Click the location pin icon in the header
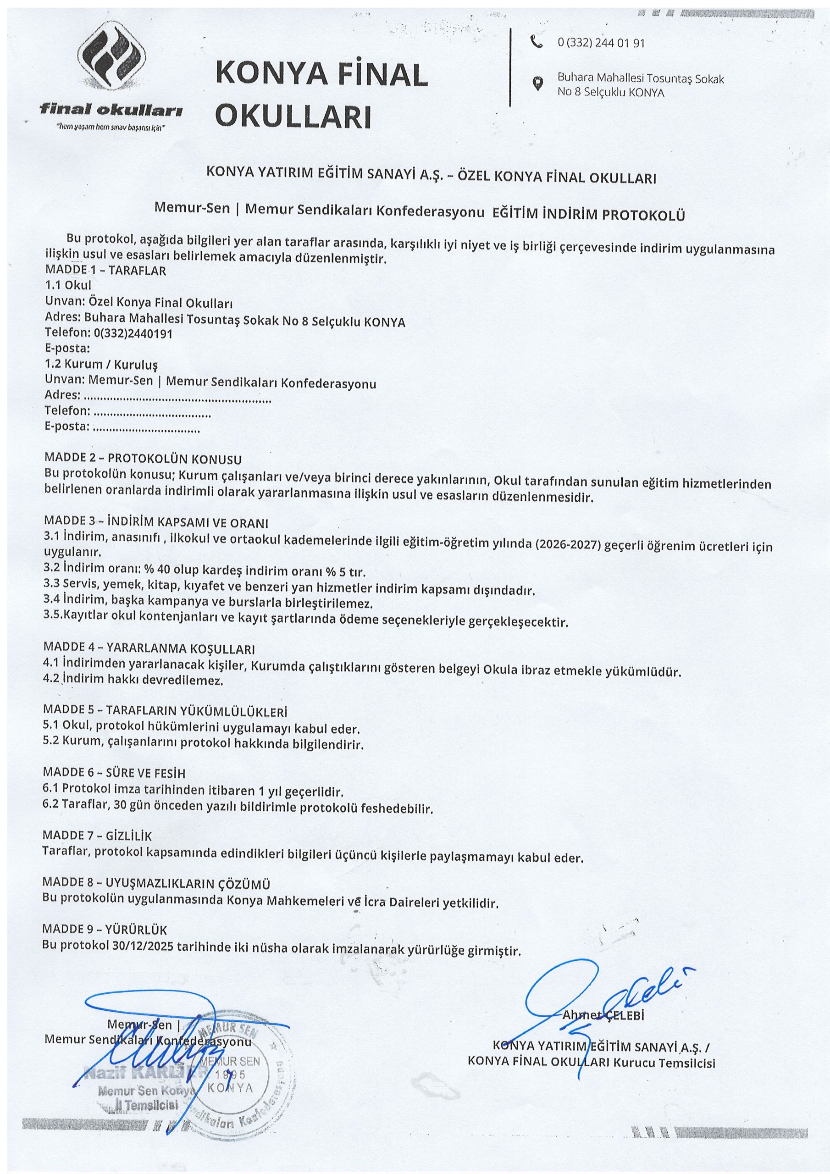537,83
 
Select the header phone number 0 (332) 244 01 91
601,44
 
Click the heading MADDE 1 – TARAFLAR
105,271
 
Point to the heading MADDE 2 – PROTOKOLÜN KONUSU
143,459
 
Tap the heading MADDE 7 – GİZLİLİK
98,836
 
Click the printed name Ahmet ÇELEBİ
603,1015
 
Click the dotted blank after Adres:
177,396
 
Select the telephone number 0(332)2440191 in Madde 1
133,334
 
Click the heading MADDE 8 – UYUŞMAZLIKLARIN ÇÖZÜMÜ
156,884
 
